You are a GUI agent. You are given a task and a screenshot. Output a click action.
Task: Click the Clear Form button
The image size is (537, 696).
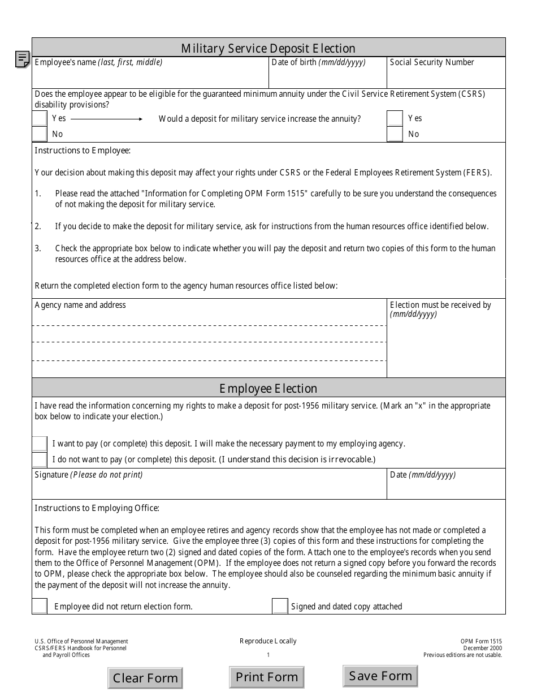[x=145, y=678]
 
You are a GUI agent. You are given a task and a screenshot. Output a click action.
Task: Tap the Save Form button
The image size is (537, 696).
[x=380, y=676]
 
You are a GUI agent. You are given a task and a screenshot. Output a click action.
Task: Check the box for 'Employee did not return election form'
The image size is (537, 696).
[x=40, y=606]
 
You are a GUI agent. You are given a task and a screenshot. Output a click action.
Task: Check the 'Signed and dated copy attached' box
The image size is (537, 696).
[x=280, y=606]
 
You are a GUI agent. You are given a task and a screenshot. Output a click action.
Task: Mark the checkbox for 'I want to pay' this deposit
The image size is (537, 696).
[x=40, y=444]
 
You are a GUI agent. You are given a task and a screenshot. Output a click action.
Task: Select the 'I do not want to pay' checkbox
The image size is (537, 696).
[x=40, y=459]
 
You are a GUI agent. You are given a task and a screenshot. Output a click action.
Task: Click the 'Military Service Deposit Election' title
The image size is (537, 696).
[x=268, y=48]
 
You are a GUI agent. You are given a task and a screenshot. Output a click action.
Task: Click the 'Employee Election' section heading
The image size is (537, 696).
[x=268, y=388]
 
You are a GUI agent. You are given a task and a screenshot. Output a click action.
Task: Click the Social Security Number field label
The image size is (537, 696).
[x=432, y=62]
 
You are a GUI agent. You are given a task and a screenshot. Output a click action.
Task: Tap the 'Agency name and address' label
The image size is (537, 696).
[x=80, y=305]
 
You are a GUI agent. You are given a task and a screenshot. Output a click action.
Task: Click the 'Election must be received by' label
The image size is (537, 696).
[x=440, y=305]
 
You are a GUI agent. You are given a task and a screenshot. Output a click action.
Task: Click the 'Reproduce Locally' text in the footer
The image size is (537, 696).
[x=268, y=641]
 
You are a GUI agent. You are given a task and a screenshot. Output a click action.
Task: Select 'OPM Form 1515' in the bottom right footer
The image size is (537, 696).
[x=480, y=641]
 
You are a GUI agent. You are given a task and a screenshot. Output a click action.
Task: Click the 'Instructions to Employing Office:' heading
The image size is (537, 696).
[x=97, y=508]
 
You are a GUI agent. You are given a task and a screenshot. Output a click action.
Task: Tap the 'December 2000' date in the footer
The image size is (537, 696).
[x=482, y=648]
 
